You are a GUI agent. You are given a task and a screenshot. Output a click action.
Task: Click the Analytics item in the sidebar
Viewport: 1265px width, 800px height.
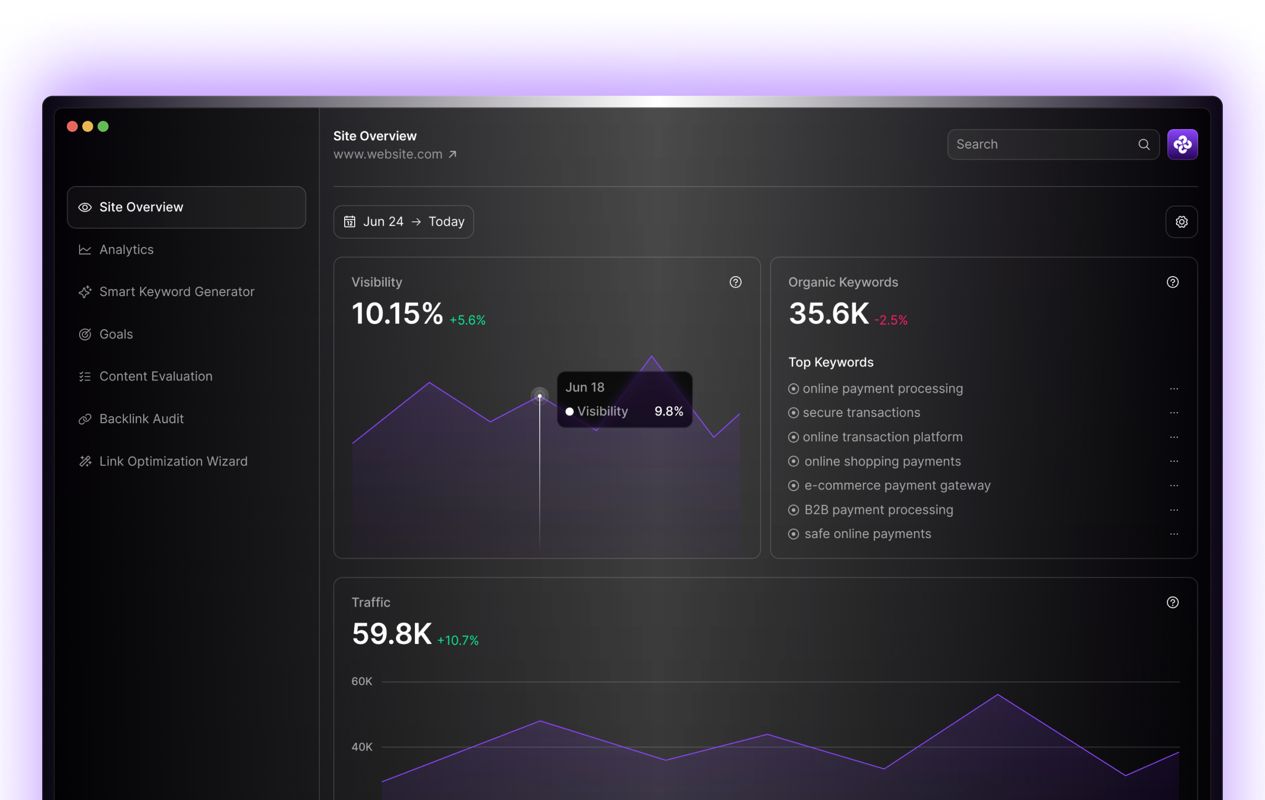click(x=126, y=250)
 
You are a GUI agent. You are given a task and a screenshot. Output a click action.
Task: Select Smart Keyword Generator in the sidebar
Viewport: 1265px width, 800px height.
click(x=176, y=292)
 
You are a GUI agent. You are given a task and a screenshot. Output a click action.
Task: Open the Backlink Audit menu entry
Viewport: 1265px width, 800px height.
click(x=141, y=419)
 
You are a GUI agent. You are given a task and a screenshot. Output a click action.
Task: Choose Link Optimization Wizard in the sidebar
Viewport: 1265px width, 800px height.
click(x=173, y=461)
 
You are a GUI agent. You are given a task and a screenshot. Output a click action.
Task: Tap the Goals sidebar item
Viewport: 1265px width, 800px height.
click(x=115, y=334)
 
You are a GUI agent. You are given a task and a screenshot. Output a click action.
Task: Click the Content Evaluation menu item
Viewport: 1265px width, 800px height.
click(x=155, y=376)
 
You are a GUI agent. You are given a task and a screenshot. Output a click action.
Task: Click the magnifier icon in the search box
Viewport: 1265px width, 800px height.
click(x=1143, y=144)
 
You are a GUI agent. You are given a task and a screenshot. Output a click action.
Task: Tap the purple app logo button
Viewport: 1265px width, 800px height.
click(x=1182, y=144)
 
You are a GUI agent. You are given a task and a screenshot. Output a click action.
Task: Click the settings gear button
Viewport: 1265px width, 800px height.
click(x=1181, y=222)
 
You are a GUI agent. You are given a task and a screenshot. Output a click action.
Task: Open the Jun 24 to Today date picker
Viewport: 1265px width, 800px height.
click(x=404, y=222)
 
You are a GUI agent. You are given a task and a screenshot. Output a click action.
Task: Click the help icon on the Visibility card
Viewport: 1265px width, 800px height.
click(x=735, y=282)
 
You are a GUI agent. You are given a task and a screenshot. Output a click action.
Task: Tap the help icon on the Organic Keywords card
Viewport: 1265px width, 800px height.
click(x=1172, y=282)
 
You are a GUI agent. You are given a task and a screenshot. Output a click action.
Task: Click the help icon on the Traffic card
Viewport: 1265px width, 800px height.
click(x=1172, y=602)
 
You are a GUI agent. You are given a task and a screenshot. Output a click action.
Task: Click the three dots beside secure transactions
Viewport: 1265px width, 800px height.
click(x=1174, y=413)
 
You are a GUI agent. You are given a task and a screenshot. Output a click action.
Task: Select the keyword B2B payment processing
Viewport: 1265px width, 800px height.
click(x=878, y=510)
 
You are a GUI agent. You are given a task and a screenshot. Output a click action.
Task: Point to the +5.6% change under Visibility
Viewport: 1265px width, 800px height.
click(x=468, y=320)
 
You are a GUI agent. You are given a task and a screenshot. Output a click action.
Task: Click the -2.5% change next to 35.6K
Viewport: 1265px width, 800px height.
click(x=891, y=320)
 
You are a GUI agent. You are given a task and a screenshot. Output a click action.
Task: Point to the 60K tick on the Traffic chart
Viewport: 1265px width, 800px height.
click(x=362, y=681)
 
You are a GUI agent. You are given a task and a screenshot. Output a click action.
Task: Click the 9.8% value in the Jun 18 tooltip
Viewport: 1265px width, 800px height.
click(x=668, y=411)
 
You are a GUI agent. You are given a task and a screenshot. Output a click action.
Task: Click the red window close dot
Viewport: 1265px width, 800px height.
click(x=73, y=126)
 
